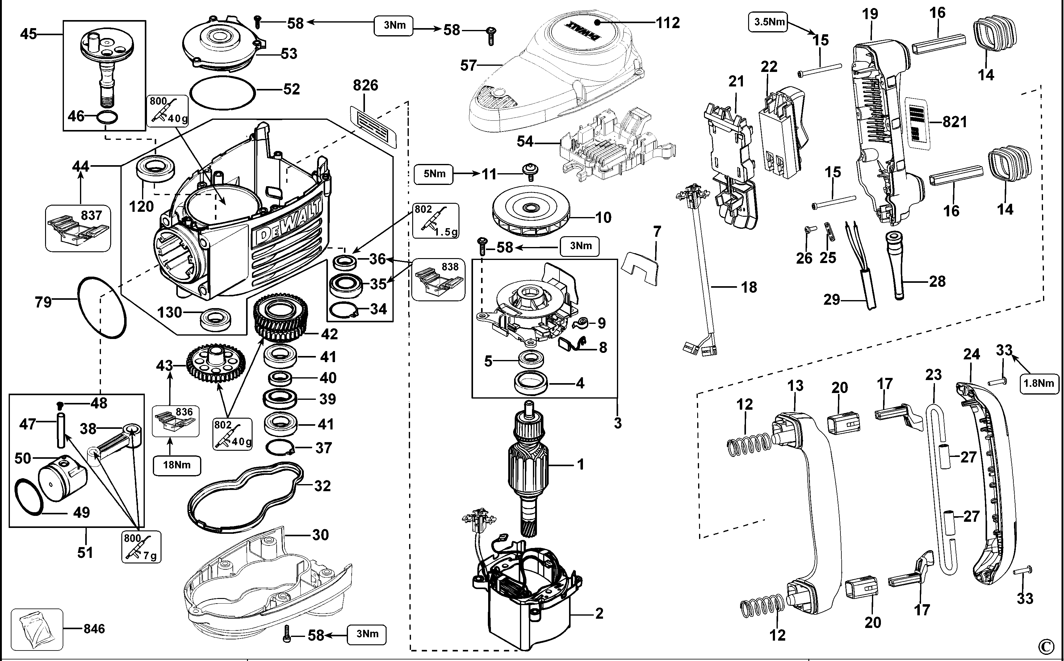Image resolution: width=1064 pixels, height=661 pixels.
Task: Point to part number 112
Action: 668,22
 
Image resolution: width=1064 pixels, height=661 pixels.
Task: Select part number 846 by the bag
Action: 94,629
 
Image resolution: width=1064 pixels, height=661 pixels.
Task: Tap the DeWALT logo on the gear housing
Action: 288,223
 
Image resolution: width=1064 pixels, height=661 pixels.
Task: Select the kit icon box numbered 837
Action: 78,229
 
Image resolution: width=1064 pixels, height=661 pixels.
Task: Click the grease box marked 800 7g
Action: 141,546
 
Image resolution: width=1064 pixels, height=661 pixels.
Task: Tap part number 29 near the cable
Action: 832,300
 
